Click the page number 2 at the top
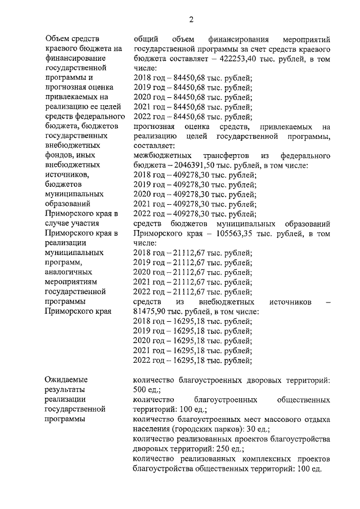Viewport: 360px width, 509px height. click(191, 21)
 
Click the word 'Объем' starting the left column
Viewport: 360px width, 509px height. click(58, 39)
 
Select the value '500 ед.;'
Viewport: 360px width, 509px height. click(148, 390)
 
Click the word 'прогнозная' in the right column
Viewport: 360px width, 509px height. click(154, 127)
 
